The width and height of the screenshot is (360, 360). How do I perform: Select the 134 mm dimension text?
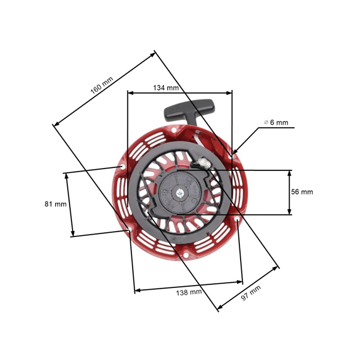tap(166, 88)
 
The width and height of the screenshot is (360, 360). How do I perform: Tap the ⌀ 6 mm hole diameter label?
tap(277, 122)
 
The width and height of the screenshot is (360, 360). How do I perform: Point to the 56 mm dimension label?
tap(302, 192)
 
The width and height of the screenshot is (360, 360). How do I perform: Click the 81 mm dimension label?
tap(55, 204)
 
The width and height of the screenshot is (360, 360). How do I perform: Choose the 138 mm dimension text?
tap(188, 292)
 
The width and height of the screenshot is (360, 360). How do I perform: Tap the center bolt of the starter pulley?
tap(180, 193)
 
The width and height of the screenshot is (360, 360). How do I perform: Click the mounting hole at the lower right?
tap(239, 221)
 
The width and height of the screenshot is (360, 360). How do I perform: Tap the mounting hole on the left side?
tap(122, 167)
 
